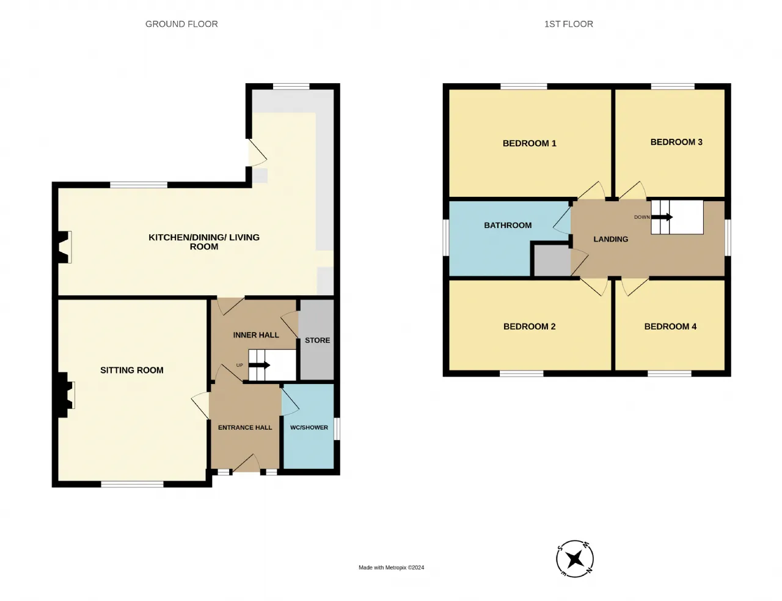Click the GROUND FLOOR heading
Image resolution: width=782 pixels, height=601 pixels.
(x=181, y=24)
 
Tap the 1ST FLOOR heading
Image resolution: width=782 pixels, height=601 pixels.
(x=569, y=24)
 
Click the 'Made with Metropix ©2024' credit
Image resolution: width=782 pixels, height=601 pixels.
(x=391, y=567)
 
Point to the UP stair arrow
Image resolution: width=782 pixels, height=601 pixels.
(x=259, y=365)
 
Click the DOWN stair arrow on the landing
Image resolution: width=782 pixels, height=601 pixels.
(x=662, y=217)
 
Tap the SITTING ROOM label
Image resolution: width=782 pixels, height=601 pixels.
(x=132, y=370)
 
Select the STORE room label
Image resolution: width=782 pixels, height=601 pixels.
(x=318, y=341)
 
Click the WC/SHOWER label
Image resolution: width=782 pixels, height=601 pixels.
(x=309, y=427)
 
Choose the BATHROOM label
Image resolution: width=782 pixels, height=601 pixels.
(x=508, y=226)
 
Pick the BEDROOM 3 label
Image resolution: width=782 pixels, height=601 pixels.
(x=676, y=142)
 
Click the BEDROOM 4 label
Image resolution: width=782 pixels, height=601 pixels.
(x=670, y=326)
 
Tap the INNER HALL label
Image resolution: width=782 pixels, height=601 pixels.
(x=256, y=335)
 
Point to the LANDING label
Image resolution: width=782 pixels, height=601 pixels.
(x=611, y=239)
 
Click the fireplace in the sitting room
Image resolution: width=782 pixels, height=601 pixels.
(x=66, y=395)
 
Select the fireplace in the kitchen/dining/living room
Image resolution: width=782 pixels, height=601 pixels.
(x=65, y=247)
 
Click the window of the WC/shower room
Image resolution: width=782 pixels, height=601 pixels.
(x=337, y=429)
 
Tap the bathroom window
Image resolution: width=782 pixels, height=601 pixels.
(x=446, y=238)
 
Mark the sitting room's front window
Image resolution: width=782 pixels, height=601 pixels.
(x=132, y=484)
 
